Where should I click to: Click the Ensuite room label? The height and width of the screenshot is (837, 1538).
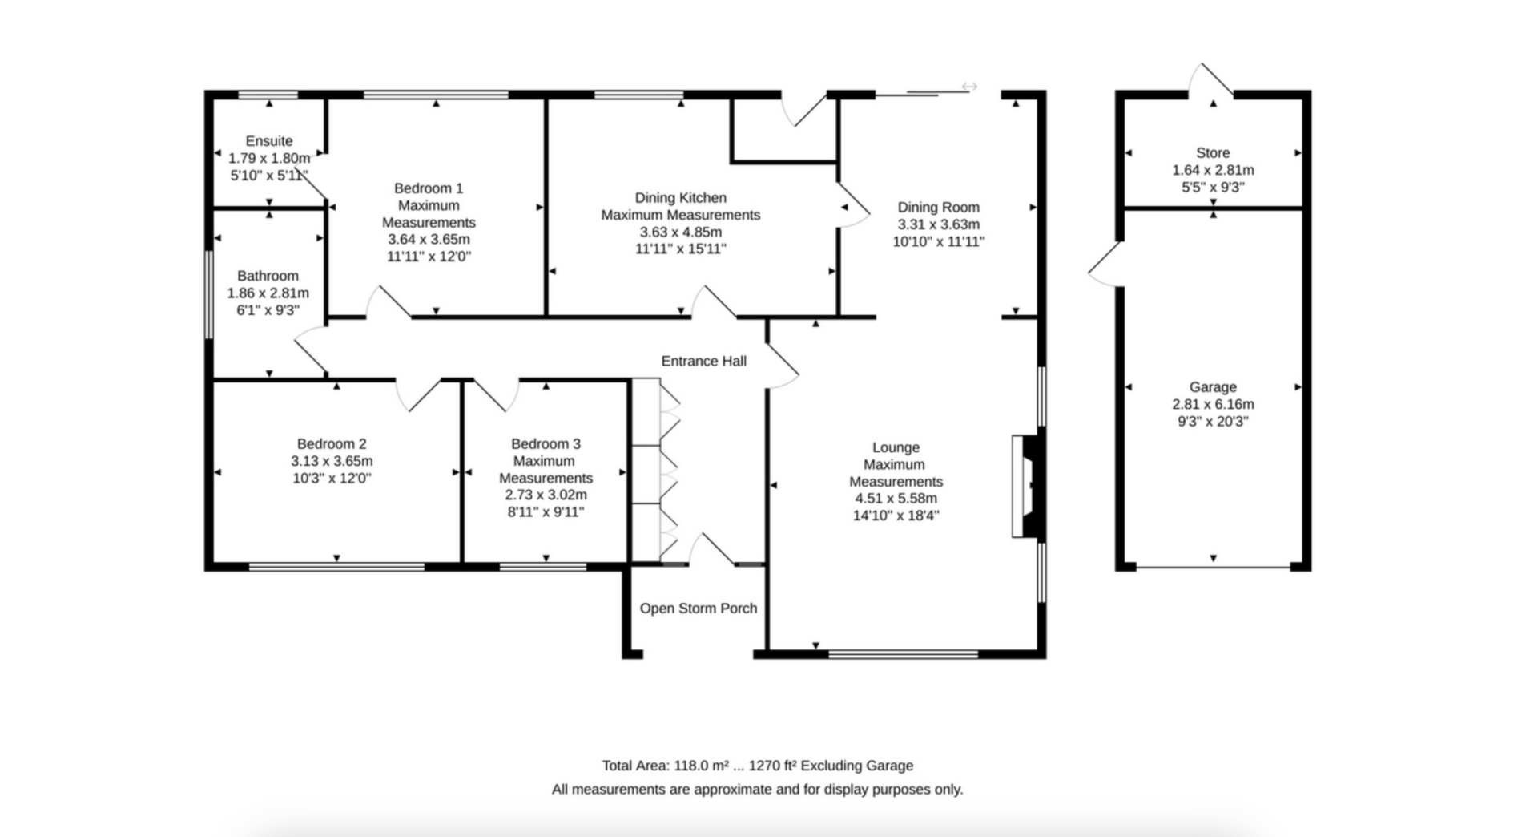point(269,141)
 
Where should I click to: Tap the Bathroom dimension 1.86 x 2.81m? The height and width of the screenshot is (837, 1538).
point(268,293)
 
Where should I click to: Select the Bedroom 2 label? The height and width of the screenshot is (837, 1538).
point(332,444)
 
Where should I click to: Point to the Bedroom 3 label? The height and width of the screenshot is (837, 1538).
point(546,444)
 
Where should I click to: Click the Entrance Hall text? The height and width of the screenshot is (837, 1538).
point(703,362)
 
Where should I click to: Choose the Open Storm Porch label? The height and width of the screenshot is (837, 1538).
point(698,609)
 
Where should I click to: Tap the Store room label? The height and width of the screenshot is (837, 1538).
point(1213,153)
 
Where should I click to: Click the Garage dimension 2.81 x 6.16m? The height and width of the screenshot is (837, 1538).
point(1213,405)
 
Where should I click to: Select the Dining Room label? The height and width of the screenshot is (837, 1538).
point(938,208)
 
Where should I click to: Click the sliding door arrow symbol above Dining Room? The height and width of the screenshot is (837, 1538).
point(969,87)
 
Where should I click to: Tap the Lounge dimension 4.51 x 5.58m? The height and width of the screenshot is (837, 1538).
point(896,499)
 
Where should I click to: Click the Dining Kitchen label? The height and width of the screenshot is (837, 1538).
point(680,198)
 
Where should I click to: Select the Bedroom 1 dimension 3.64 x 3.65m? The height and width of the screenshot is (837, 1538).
point(429,240)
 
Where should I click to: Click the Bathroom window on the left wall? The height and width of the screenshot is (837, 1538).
point(208,295)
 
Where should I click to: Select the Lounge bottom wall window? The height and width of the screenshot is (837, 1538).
point(903,654)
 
